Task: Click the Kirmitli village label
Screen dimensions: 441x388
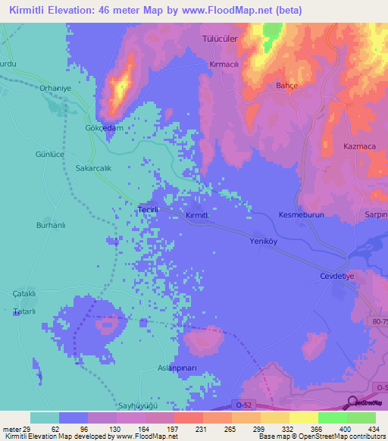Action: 202,216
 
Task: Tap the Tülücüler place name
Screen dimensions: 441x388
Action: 220,37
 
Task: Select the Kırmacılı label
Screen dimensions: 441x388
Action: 224,65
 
